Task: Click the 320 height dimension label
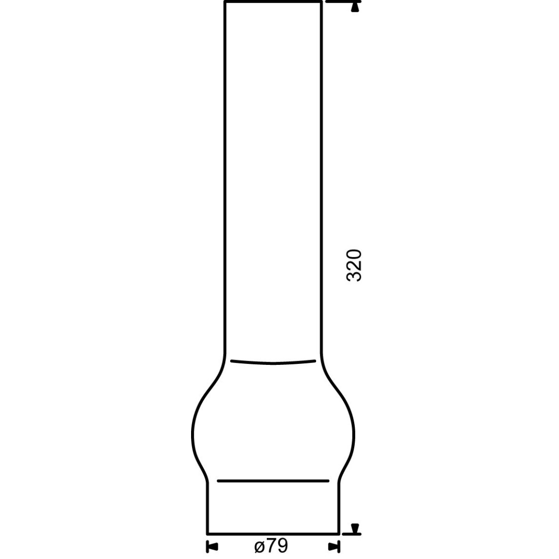[354, 266]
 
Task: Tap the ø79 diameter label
[271, 545]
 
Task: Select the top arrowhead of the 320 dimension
[355, 7]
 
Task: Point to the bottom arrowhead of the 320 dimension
[355, 529]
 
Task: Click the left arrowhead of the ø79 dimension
[212, 546]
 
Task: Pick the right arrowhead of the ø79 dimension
[333, 546]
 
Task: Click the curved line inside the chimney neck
[273, 362]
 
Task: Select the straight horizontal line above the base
[273, 481]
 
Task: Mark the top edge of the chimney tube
[273, 2]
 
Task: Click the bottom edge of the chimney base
[273, 534]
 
